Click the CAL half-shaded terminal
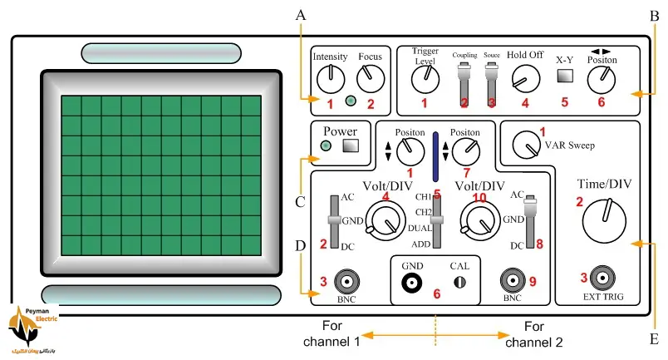click(459, 283)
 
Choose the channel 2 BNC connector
click(512, 280)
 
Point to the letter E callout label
click(654, 338)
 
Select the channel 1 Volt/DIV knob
click(382, 222)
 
